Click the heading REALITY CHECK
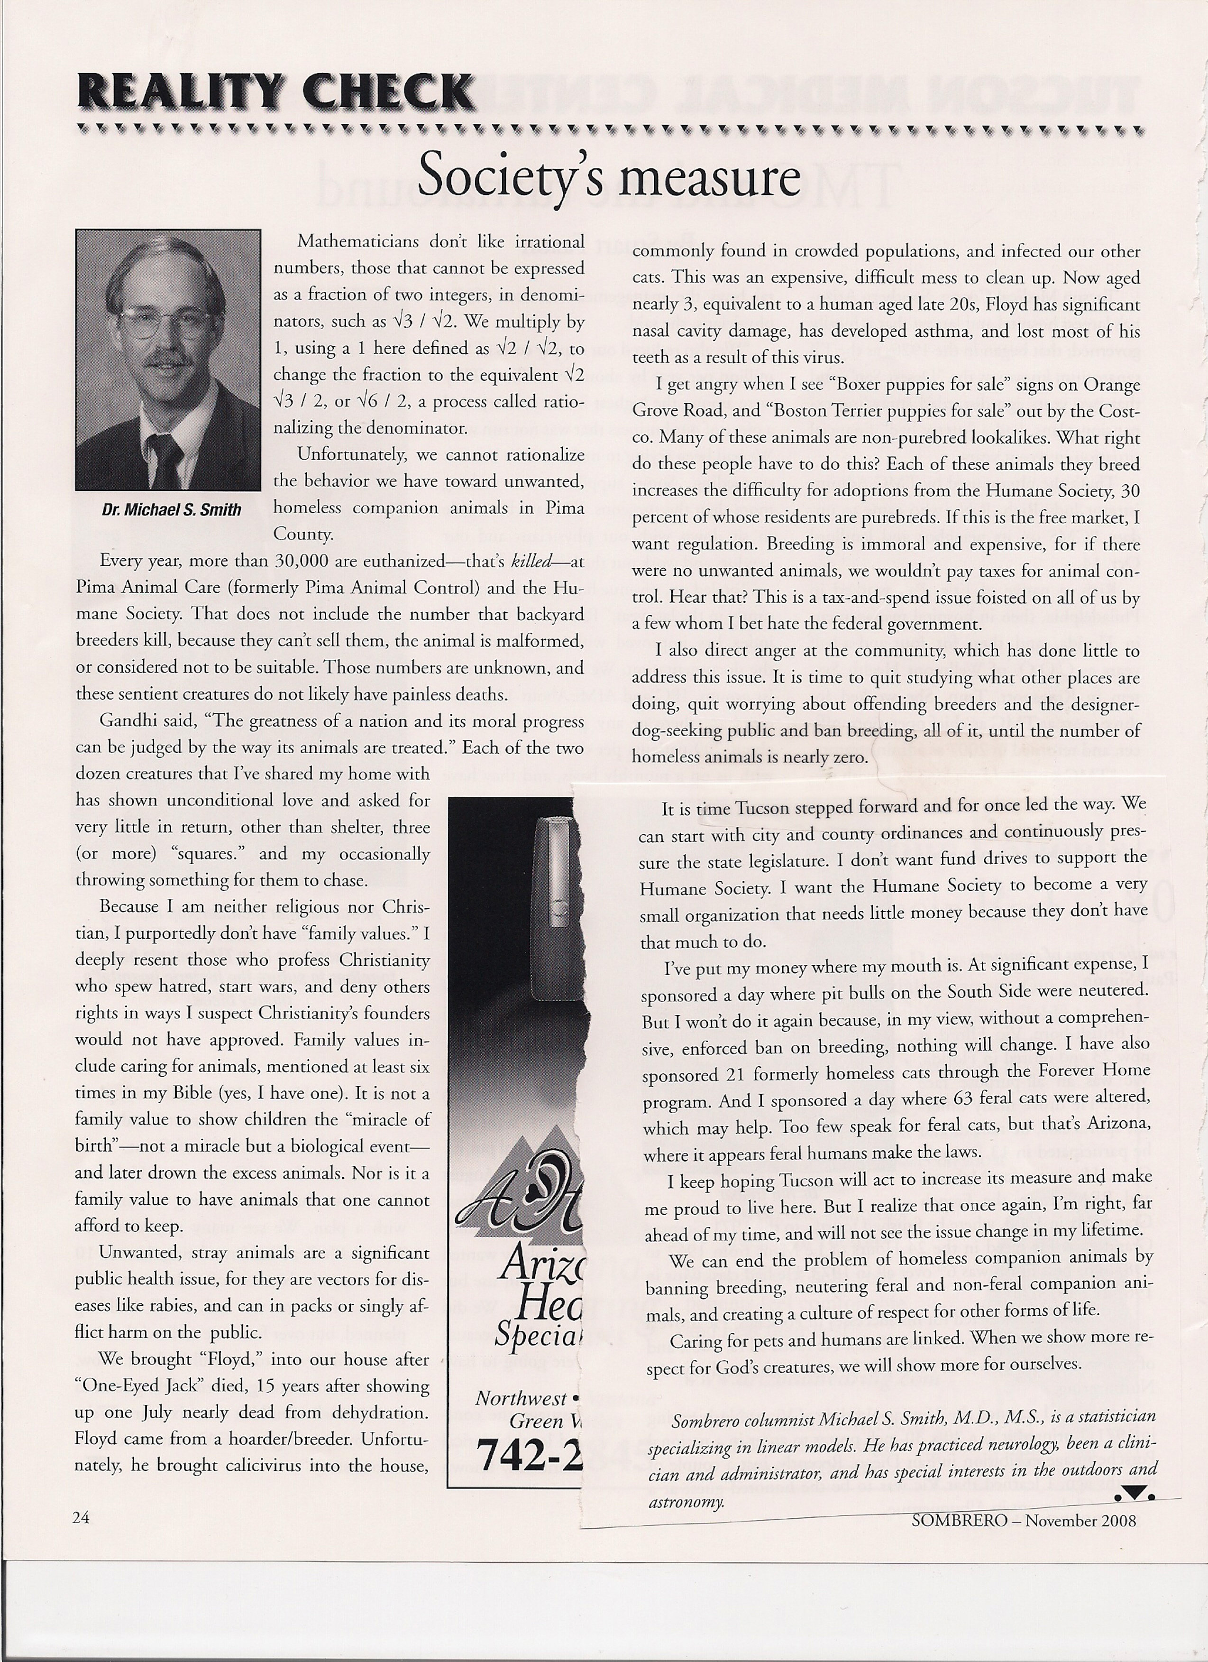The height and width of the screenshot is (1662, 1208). (x=275, y=92)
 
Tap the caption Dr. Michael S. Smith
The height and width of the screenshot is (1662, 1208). (x=172, y=509)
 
